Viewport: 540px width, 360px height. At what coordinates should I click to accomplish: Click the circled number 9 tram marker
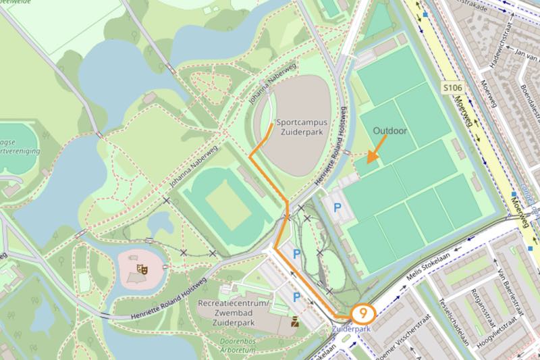coord(364,313)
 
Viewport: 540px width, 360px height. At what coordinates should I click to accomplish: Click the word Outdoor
coord(390,130)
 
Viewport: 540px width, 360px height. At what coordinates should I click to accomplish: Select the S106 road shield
coord(454,88)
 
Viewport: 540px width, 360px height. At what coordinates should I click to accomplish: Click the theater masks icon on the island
coord(142,269)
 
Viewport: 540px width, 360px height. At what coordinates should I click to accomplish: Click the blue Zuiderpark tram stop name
coord(350,329)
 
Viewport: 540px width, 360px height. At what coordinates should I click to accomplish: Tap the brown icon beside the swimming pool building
coord(294,322)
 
